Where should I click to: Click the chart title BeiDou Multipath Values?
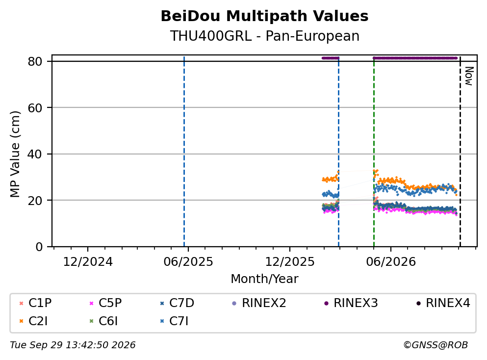coord(264,16)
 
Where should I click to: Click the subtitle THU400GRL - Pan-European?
coord(265,36)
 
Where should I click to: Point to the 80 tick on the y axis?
coord(35,61)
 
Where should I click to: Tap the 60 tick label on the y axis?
coord(35,108)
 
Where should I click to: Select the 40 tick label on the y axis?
coord(35,154)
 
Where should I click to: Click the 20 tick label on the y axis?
coord(35,200)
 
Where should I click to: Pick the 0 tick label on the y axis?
coord(39,247)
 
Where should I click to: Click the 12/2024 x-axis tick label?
coord(88,262)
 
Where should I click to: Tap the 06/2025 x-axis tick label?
coord(188,262)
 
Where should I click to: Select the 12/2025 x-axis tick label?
coord(289,262)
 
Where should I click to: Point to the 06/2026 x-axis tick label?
coord(391,262)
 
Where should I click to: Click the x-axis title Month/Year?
coord(264,279)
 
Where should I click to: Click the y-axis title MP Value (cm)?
coord(15,154)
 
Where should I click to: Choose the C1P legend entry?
coord(35,303)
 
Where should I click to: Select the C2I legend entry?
coord(33,321)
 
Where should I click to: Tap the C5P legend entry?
coord(105,303)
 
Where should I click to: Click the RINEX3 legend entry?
coord(351,303)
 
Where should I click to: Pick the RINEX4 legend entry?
coord(443,303)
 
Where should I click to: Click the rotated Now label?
coord(469,76)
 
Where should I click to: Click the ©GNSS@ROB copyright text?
coord(436,345)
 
